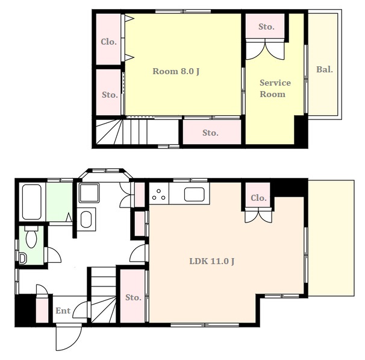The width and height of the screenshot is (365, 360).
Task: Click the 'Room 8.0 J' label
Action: tap(176, 71)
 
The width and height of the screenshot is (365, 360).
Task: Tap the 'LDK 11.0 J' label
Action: tap(212, 261)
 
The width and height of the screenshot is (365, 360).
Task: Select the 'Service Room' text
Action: tap(275, 88)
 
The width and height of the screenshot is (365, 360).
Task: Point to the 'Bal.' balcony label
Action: tap(325, 69)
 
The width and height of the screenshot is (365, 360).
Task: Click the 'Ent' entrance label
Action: tap(63, 311)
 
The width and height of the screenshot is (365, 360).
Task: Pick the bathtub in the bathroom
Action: tap(32, 202)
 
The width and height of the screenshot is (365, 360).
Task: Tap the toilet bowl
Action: tap(31, 236)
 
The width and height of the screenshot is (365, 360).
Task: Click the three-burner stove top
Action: tap(159, 195)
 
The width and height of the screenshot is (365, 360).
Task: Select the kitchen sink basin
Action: tap(195, 195)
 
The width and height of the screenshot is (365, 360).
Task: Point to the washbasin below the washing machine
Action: tap(86, 219)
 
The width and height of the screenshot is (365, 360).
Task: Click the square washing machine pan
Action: tap(89, 193)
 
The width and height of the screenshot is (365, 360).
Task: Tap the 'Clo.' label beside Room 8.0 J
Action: tap(108, 42)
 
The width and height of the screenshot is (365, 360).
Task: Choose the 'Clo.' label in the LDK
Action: tap(258, 198)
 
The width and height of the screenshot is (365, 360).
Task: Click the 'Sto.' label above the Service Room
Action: tap(266, 27)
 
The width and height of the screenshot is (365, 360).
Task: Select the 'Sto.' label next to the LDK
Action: tap(133, 297)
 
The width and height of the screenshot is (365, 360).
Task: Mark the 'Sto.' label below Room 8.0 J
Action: tap(210, 133)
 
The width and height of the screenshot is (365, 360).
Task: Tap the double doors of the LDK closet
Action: tap(258, 215)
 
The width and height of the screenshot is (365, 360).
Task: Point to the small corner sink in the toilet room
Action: tap(22, 259)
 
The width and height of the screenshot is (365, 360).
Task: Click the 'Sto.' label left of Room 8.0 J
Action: tap(110, 95)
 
